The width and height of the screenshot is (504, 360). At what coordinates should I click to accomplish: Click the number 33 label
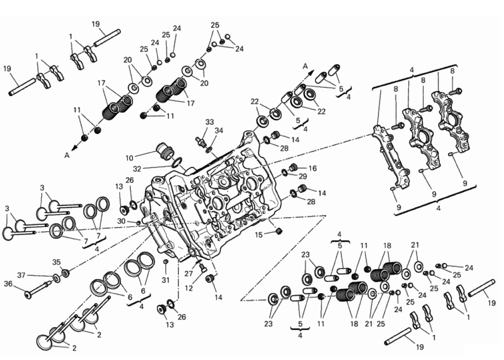pos(209,123)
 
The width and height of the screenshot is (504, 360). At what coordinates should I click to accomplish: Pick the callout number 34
pos(219,130)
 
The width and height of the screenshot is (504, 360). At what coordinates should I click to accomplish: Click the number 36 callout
pos(8,284)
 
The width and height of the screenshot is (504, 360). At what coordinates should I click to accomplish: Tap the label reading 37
pos(22,275)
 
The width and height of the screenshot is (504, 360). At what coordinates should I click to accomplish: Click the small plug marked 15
pos(279,232)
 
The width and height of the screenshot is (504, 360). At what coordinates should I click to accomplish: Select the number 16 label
pos(313,168)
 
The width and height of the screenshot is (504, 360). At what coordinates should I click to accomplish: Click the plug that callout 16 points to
pos(294,167)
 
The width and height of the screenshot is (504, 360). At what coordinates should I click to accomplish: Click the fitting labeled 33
pos(201,141)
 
